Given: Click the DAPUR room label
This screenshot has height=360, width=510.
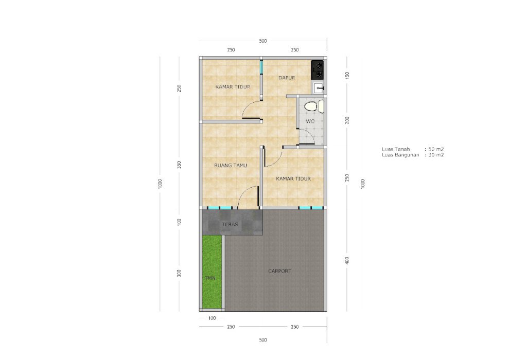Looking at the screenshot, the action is click(287, 78).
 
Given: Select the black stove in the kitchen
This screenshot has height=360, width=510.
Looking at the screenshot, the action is click(318, 70).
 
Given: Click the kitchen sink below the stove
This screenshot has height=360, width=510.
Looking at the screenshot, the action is click(318, 88).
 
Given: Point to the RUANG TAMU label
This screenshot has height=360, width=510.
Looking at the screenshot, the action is click(231, 166).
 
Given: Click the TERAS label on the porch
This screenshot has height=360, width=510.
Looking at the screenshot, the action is click(230, 225).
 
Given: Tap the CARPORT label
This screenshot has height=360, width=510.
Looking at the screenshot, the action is click(280, 271).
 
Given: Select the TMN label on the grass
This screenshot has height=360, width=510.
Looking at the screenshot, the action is click(210, 278).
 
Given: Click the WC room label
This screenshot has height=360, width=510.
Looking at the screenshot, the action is click(310, 121).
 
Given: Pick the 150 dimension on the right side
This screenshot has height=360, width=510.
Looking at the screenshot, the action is click(347, 76).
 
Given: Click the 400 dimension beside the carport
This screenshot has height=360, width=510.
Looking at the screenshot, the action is click(347, 260).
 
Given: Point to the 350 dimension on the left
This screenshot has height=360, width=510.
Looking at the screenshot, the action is click(179, 165).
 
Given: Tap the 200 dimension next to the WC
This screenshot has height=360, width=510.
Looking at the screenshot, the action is click(347, 120).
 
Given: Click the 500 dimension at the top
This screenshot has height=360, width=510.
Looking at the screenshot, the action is click(263, 41).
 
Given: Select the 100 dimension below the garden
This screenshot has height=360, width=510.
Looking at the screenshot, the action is click(212, 318).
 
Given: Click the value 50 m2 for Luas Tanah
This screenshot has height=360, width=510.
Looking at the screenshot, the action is click(436, 149).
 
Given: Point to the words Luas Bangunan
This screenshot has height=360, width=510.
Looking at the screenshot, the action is click(400, 155).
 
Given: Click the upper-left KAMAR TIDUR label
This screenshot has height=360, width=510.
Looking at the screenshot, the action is click(233, 87).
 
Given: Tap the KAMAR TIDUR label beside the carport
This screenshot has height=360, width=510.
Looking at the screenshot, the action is click(293, 178).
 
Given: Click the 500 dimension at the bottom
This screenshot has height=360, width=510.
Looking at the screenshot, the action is click(263, 340).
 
